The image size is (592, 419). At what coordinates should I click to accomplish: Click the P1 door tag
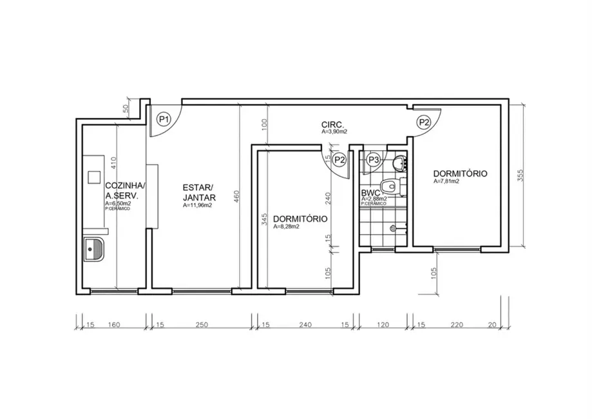(x=164, y=119)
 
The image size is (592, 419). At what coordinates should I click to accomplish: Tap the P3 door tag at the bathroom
(x=373, y=159)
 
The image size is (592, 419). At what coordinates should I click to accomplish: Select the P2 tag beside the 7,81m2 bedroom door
(x=423, y=121)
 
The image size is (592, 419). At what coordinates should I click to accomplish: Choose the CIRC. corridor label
(x=333, y=124)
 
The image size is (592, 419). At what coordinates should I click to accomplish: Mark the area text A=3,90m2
(x=334, y=132)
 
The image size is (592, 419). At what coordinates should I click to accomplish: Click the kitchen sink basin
(x=95, y=249)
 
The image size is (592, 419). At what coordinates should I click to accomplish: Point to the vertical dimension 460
(x=236, y=196)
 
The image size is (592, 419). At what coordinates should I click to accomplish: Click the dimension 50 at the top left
(x=126, y=109)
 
